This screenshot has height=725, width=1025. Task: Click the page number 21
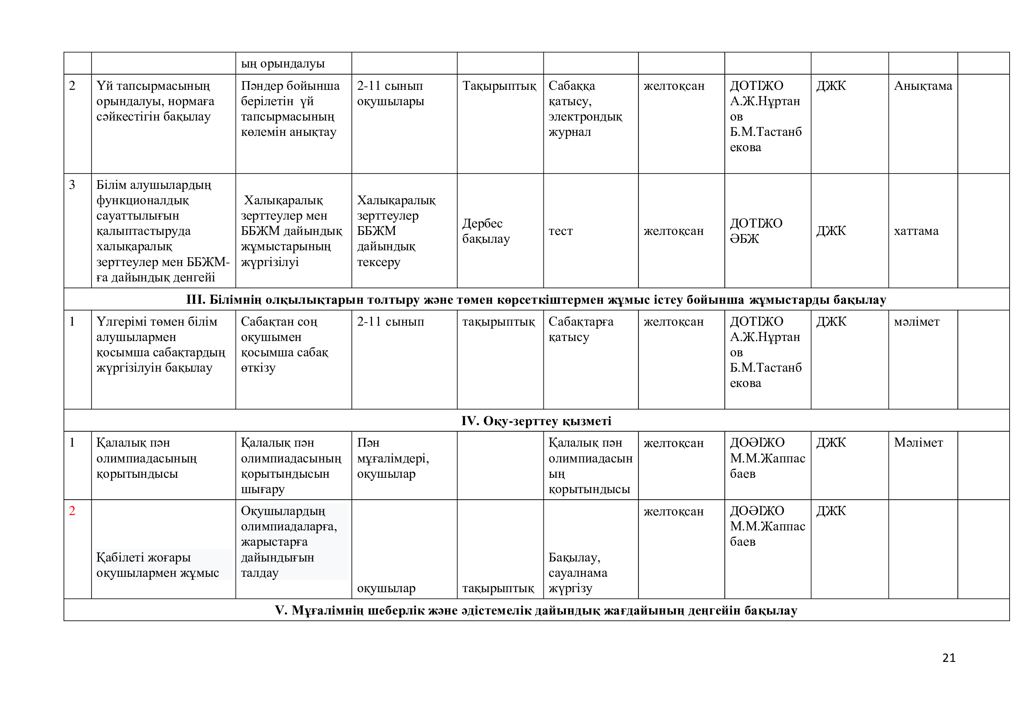pos(949,657)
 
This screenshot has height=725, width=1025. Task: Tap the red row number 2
pos(72,511)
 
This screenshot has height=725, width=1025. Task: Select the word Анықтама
pos(923,86)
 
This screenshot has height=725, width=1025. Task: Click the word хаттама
pos(916,231)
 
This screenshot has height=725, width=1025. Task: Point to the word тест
pos(560,231)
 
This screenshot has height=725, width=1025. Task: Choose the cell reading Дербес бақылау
pos(486,231)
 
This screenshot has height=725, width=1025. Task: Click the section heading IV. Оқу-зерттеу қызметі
pos(536,420)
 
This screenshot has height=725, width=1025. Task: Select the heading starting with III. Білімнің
pos(536,299)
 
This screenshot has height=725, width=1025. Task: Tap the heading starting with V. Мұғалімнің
pos(536,610)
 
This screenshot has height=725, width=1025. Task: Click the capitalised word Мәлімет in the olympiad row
pos(919,442)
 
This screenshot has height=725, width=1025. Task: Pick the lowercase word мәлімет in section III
pos(916,321)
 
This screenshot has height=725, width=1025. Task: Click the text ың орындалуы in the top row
pos(283,64)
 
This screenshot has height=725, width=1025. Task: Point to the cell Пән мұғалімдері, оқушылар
pos(393,458)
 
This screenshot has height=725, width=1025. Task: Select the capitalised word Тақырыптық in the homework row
pos(499,86)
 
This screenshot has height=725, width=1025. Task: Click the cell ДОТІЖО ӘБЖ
pos(756,231)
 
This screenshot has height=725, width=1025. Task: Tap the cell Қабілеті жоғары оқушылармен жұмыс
pos(158,565)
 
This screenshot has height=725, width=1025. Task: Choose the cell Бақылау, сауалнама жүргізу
pos(578,573)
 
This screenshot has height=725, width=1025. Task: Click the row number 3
pos(72,185)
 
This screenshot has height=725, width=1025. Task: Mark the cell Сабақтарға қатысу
pos(581,329)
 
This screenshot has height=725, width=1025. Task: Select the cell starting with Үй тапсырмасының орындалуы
pos(155,101)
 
